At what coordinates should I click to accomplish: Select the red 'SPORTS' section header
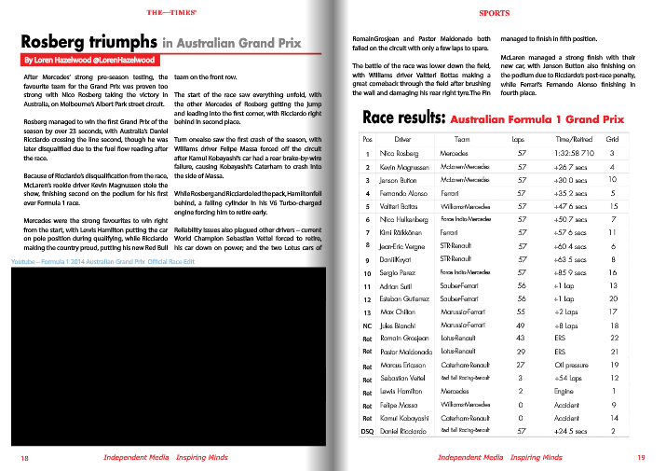(494, 14)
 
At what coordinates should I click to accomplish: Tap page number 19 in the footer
(641, 458)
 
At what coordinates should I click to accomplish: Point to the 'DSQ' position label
(367, 432)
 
